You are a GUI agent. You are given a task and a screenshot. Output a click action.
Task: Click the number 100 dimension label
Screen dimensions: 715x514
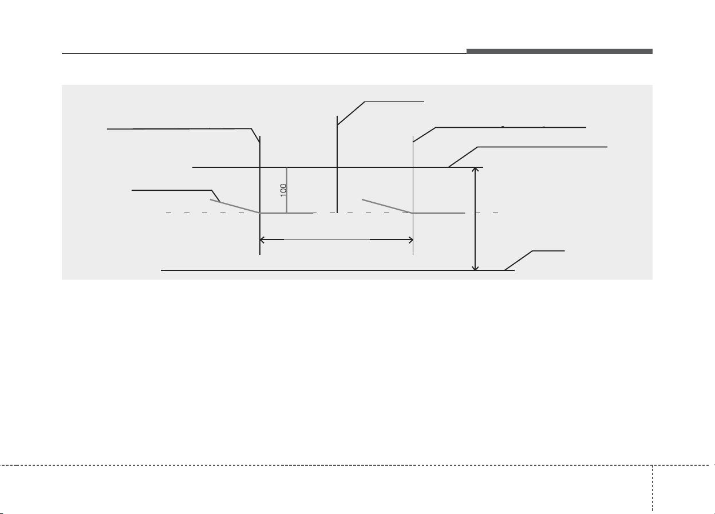(x=283, y=190)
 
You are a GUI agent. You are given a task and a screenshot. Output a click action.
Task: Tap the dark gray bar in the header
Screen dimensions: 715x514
(x=559, y=51)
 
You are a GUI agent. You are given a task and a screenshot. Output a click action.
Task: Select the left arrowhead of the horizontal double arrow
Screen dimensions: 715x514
(x=262, y=240)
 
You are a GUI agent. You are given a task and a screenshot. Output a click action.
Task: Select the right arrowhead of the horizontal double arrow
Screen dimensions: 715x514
(x=410, y=240)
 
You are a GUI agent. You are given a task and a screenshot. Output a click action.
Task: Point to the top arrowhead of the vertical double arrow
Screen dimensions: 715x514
(x=475, y=170)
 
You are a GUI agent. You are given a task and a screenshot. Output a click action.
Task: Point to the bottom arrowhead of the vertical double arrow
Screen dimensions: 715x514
(x=475, y=268)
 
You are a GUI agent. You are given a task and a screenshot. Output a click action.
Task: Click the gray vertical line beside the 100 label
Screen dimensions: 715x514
(x=287, y=190)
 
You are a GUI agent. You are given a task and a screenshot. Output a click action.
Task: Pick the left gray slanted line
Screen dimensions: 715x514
(x=235, y=206)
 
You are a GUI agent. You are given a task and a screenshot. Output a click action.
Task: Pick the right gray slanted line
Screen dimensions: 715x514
(x=387, y=206)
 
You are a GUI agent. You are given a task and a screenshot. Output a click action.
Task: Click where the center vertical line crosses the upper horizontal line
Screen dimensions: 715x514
(x=337, y=167)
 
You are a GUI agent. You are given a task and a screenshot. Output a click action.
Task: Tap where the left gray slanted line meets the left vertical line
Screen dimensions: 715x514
(x=260, y=213)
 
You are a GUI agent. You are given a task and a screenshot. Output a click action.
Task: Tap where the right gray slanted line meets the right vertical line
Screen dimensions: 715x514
(x=413, y=213)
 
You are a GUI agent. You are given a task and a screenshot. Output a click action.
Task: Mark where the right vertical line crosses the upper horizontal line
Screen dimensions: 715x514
(x=413, y=167)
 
